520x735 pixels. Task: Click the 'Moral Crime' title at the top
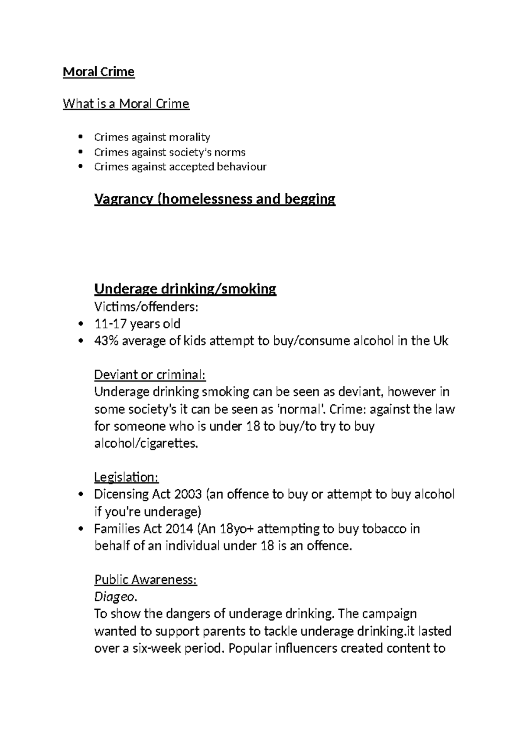coord(99,72)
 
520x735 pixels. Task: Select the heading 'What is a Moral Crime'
coord(126,104)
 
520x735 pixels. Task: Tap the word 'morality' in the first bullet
coord(189,137)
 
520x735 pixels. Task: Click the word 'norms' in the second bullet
coord(232,153)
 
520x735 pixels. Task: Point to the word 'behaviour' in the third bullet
coord(241,167)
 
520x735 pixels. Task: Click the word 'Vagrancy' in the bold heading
coord(123,199)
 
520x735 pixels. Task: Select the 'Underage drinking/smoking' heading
coord(185,289)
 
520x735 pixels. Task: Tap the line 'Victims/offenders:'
coord(146,307)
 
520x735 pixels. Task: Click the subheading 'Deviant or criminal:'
coord(150,374)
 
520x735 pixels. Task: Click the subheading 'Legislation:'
coord(127,477)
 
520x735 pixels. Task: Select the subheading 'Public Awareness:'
coord(146,580)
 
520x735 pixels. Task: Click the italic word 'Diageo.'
coord(116,597)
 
